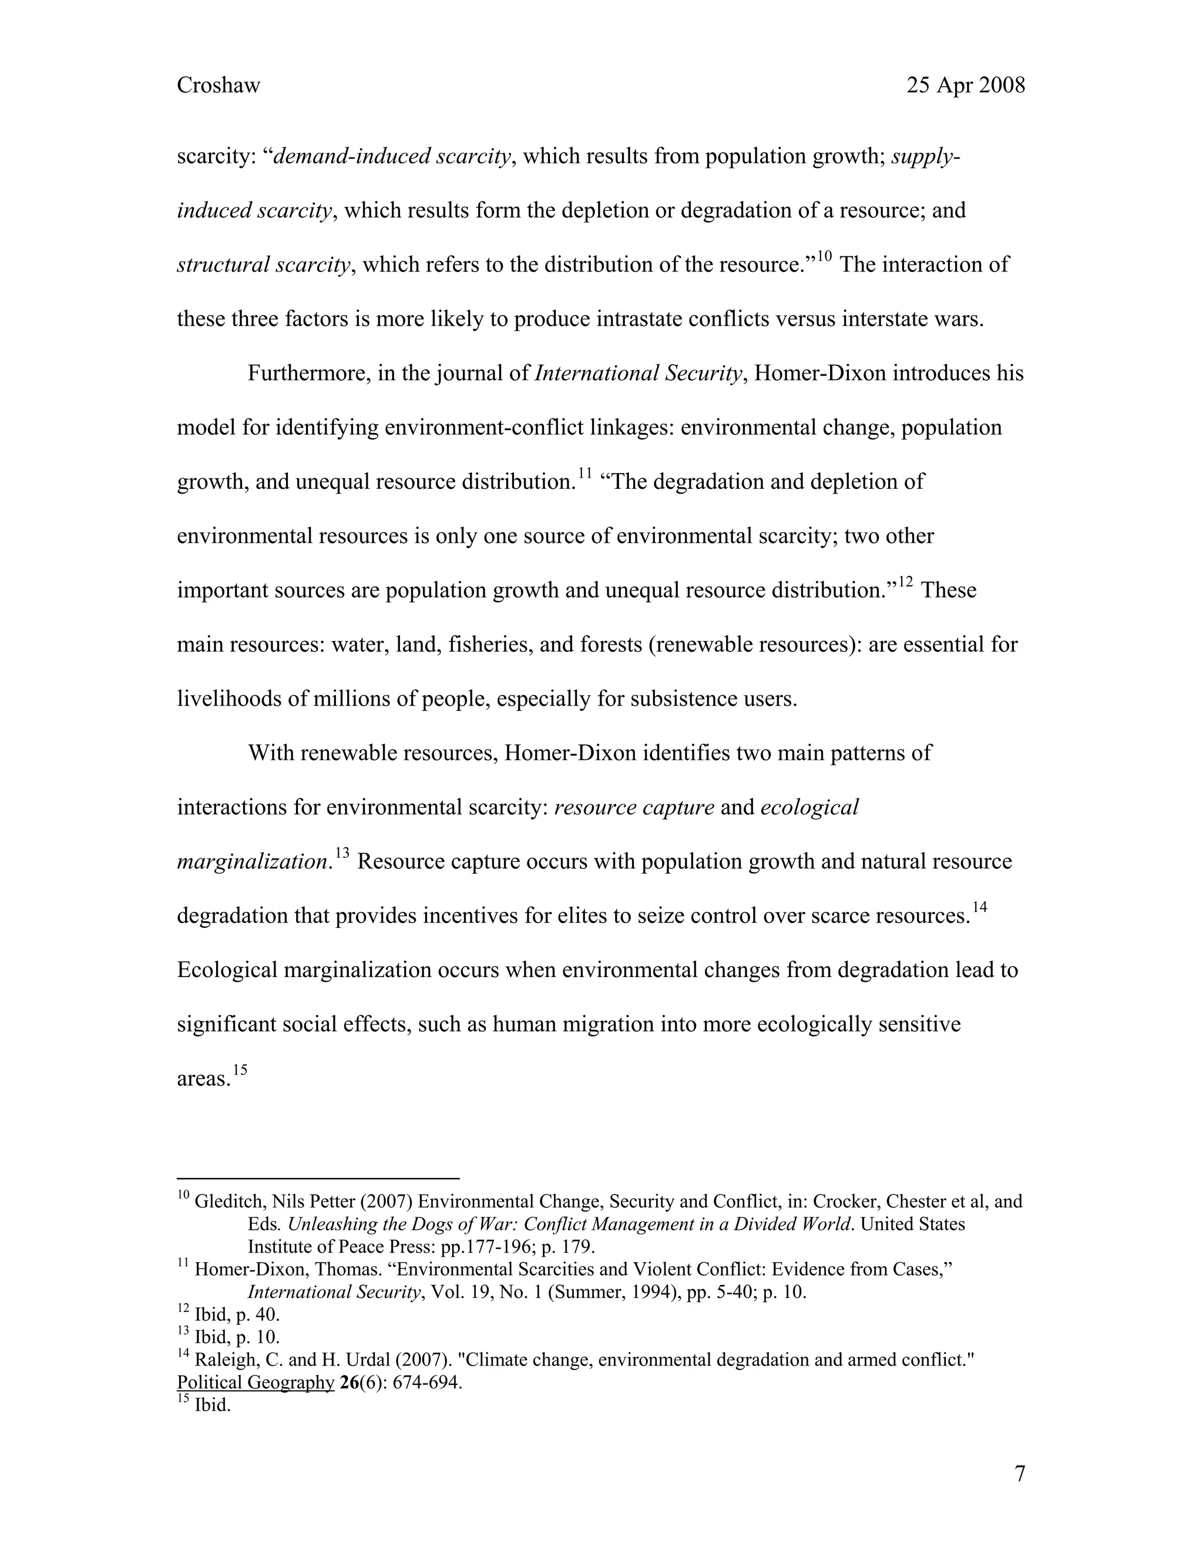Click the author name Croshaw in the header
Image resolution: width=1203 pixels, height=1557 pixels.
point(218,86)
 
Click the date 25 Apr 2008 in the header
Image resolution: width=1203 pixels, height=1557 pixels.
point(965,86)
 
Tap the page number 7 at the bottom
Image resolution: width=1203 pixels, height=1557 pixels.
point(1020,1474)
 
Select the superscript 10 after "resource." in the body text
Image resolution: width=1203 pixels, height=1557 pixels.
point(824,257)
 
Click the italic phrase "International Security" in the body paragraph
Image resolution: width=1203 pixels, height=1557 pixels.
point(638,374)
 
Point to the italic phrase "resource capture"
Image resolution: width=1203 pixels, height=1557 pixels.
point(634,808)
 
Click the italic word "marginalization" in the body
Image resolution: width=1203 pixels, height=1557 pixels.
point(251,862)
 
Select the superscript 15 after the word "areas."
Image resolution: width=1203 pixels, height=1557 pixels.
point(240,1070)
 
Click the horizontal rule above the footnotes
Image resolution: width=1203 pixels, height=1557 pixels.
point(318,1179)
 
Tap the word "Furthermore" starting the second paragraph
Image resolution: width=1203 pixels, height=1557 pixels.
point(305,374)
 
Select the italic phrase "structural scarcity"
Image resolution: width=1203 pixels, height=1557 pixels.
point(264,265)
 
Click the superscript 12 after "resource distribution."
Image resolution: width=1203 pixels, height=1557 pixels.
point(905,582)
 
